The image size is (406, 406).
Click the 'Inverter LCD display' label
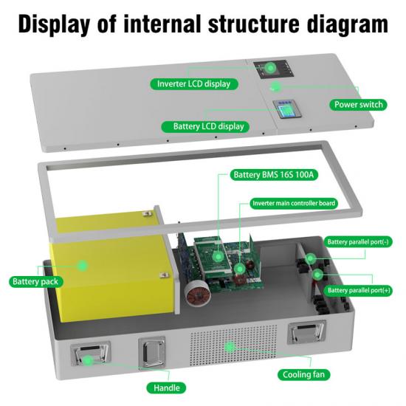(x=194, y=84)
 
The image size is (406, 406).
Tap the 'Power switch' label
(x=358, y=105)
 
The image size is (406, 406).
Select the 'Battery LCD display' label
(x=205, y=127)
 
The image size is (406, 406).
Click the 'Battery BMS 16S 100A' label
(x=274, y=175)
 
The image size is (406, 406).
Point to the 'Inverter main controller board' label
(x=294, y=203)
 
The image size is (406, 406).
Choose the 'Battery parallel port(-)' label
(x=358, y=242)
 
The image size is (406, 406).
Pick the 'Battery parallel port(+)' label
(x=359, y=290)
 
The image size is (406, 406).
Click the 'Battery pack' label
(x=35, y=281)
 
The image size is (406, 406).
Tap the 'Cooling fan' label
(x=303, y=375)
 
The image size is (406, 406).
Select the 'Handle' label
(x=167, y=388)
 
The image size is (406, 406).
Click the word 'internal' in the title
(x=162, y=24)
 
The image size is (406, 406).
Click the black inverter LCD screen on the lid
(x=273, y=69)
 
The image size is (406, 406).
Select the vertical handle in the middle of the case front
(x=152, y=353)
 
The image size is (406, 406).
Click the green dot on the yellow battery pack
(x=83, y=266)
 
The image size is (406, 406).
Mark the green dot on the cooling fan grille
(x=230, y=347)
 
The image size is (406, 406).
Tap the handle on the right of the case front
(x=307, y=332)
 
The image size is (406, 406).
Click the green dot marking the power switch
(x=276, y=86)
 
